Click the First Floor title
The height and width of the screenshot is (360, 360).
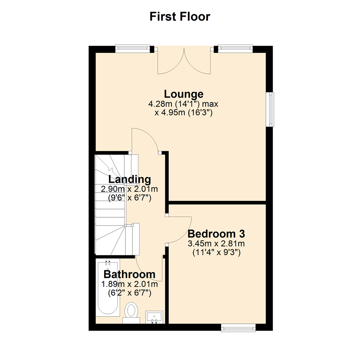[180, 16]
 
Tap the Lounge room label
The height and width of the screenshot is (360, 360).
[183, 94]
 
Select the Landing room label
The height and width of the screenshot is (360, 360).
[129, 179]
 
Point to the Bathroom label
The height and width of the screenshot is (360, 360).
[129, 274]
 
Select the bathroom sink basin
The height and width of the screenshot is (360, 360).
[154, 317]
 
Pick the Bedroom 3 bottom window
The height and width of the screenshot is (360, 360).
[238, 329]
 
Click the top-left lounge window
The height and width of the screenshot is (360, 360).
[133, 49]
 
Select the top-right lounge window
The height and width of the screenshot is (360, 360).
[235, 49]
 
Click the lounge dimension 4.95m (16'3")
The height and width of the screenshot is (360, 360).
[183, 113]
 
